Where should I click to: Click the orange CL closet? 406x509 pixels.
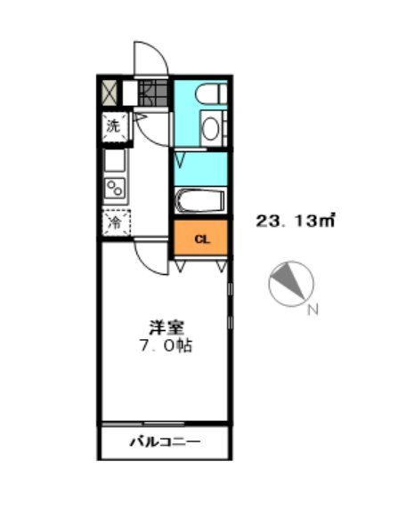[202, 238]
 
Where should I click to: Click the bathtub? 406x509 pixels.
[200, 200]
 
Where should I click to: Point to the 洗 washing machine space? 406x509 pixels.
[113, 125]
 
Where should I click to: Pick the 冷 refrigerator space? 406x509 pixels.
[115, 222]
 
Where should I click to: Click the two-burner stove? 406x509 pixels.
[116, 188]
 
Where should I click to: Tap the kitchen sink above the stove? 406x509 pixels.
[116, 161]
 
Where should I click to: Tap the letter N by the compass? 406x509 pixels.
[312, 311]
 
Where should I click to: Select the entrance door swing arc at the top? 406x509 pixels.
[150, 60]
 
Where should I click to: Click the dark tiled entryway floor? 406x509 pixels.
[153, 93]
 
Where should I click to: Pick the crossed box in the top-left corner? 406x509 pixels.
[109, 93]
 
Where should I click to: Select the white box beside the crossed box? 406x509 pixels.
[128, 93]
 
